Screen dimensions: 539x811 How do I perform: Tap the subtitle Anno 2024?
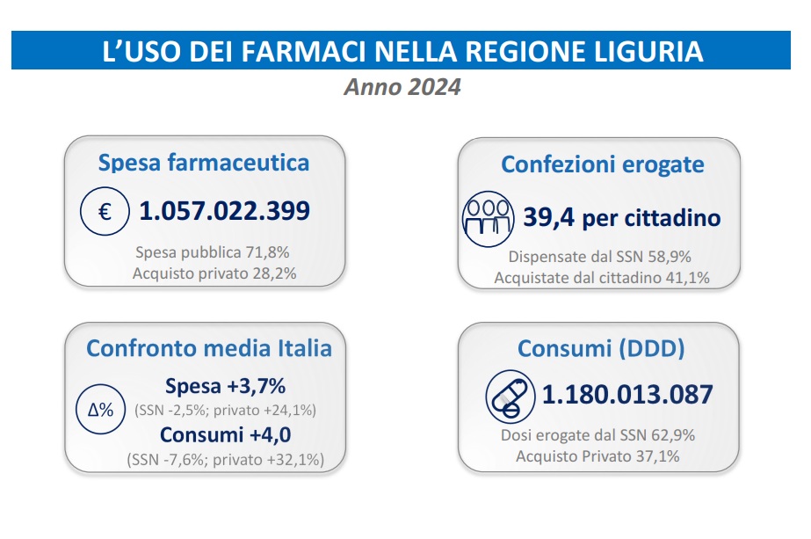402,88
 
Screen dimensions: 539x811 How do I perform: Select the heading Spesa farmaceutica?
204,163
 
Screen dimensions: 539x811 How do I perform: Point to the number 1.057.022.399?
225,212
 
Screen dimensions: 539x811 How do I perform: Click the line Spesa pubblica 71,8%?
213,252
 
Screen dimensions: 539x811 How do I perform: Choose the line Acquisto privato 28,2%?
214,273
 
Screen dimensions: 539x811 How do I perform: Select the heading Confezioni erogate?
603,164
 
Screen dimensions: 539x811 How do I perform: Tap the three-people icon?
487,218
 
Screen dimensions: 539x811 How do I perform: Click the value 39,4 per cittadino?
622,217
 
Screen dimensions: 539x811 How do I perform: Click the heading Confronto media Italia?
209,348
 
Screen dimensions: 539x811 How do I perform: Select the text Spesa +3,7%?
225,387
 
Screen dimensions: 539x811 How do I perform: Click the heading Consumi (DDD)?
601,349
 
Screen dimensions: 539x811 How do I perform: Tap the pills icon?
508,397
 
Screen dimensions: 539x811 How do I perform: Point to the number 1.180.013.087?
627,395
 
